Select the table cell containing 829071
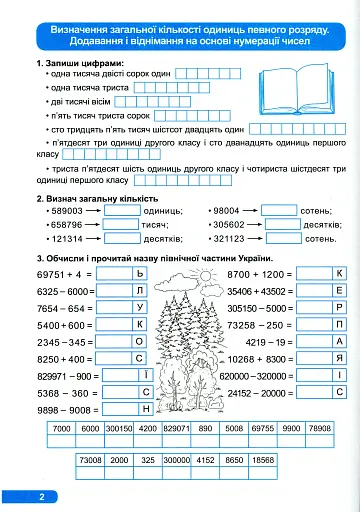click(176, 428)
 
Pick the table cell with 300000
click(176, 461)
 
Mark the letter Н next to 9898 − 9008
click(146, 408)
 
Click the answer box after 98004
click(279, 211)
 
